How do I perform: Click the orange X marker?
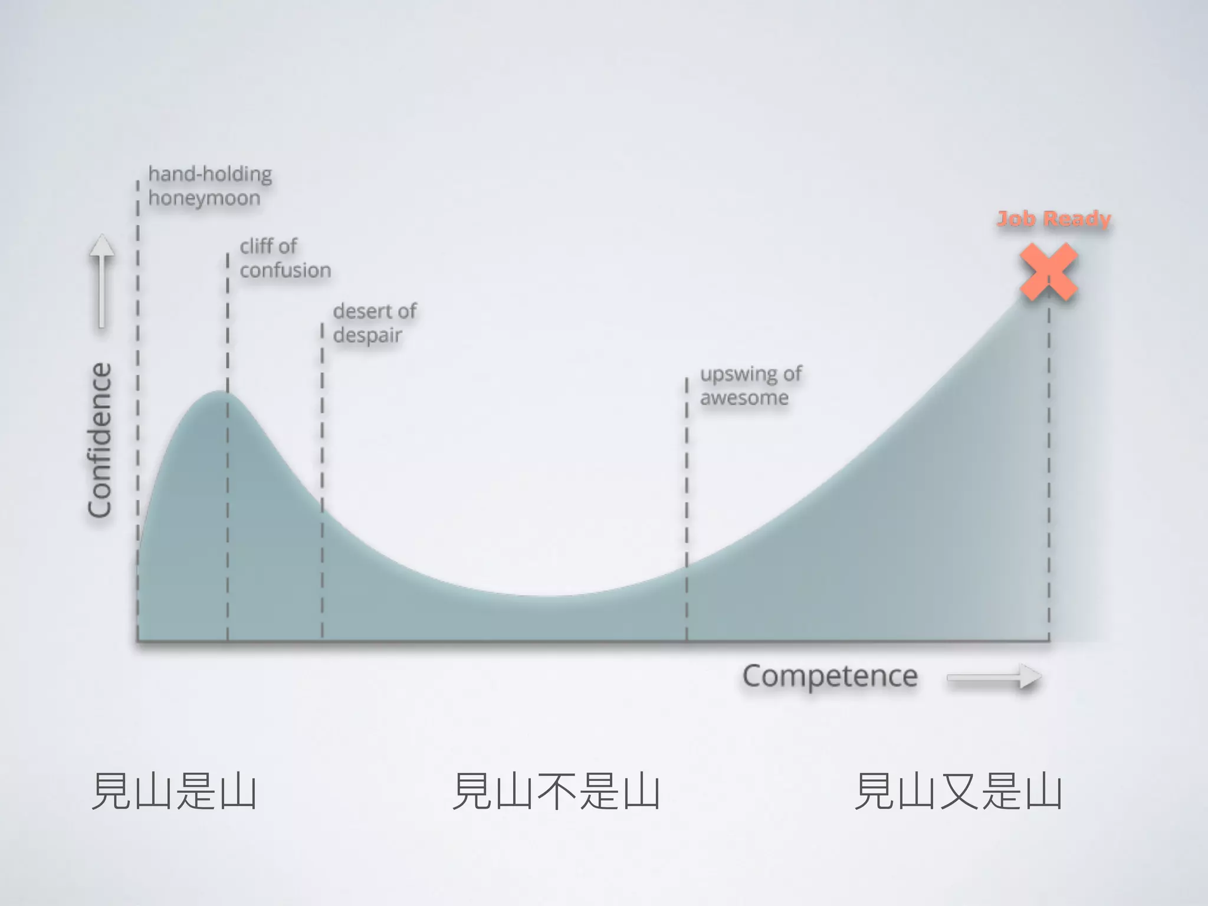click(x=1049, y=272)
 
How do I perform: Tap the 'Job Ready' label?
click(x=1053, y=219)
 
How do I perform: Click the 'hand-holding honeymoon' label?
click(x=209, y=186)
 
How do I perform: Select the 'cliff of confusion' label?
click(x=285, y=258)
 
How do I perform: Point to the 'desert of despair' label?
click(x=375, y=323)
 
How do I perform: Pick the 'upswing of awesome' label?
click(x=750, y=386)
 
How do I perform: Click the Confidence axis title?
click(x=100, y=440)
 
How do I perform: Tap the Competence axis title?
click(x=829, y=676)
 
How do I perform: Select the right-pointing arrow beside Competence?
click(x=994, y=677)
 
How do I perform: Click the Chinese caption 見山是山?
click(x=174, y=791)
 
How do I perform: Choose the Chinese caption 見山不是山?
click(x=556, y=791)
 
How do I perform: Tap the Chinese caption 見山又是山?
click(x=958, y=791)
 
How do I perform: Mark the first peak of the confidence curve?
click(x=219, y=392)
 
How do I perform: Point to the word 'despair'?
click(x=367, y=336)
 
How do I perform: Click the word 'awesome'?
click(x=744, y=398)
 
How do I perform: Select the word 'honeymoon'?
click(x=204, y=198)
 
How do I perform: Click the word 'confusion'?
click(x=285, y=271)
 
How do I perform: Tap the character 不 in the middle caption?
click(x=556, y=791)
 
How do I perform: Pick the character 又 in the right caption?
click(x=958, y=791)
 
